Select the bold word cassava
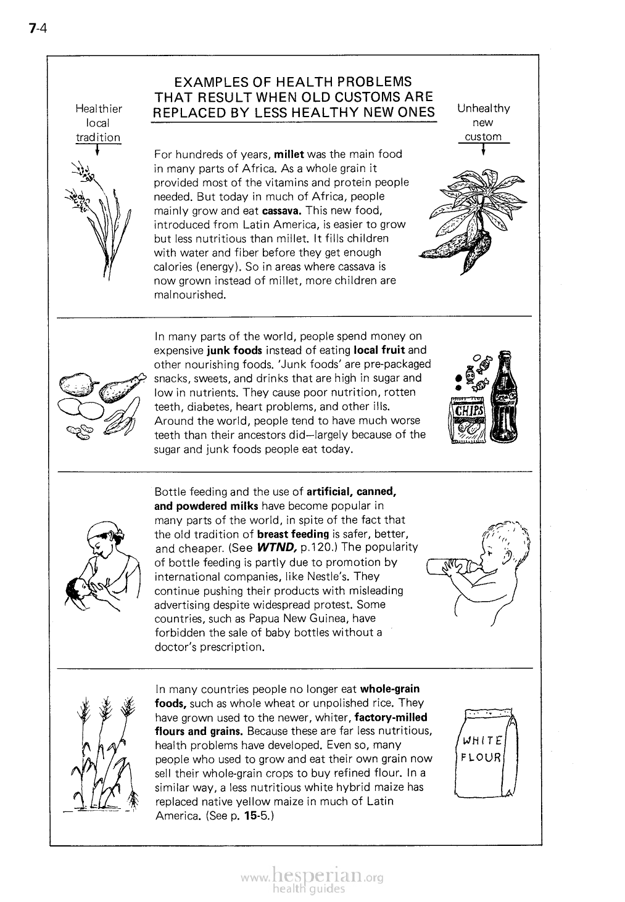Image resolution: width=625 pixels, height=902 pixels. (281, 210)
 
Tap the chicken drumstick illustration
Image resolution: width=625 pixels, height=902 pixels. (122, 386)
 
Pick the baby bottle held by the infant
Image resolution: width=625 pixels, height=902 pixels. (453, 566)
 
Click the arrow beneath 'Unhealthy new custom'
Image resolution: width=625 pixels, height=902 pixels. (483, 150)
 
